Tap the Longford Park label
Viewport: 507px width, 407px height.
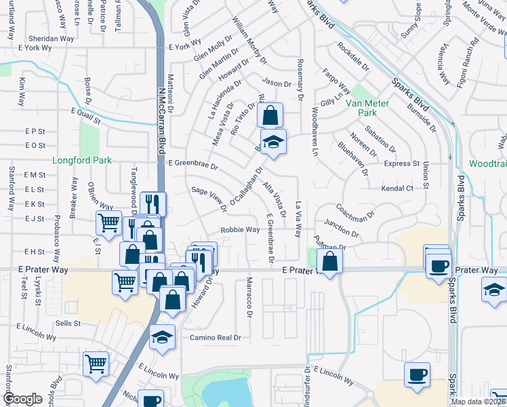tap(77, 161)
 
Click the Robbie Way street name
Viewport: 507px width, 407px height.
tap(240, 230)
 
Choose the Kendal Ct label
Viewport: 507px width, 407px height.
tap(397, 188)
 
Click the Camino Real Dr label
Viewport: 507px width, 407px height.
tap(215, 337)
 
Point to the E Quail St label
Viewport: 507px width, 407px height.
tap(84, 116)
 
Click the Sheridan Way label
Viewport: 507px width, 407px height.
tap(49, 39)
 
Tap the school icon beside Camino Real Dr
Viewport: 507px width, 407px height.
tap(163, 337)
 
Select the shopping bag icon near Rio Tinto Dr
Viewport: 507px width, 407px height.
tap(270, 115)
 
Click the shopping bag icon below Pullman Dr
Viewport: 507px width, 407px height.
tap(329, 261)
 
